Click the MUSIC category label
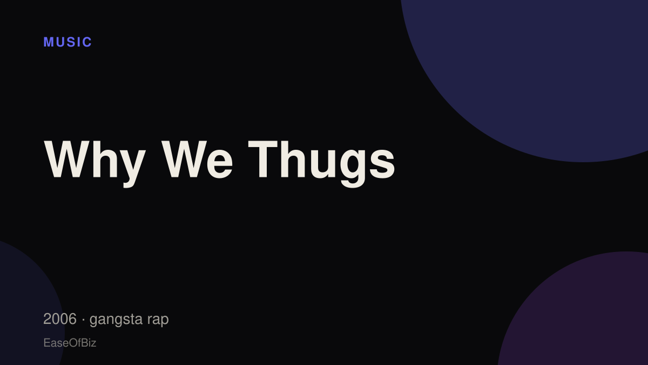pyautogui.click(x=67, y=42)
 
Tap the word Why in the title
pyautogui.click(x=94, y=164)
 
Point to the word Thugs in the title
pyautogui.click(x=322, y=164)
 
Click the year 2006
pyautogui.click(x=60, y=318)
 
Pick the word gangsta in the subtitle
pyautogui.click(x=116, y=320)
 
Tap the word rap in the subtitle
pyautogui.click(x=158, y=320)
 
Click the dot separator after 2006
pyautogui.click(x=83, y=320)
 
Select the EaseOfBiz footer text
pyautogui.click(x=70, y=343)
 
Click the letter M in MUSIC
pyautogui.click(x=48, y=42)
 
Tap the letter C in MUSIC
pyautogui.click(x=87, y=42)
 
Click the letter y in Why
pyautogui.click(x=133, y=169)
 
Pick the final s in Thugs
pyautogui.click(x=382, y=164)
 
